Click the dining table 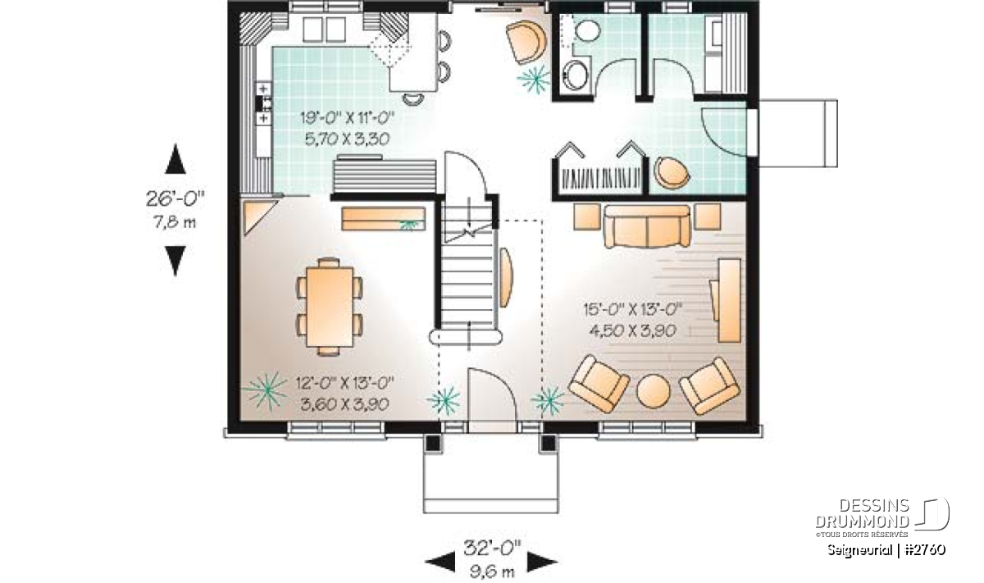point(330,306)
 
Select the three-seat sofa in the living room point(648,225)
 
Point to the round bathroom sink point(575,76)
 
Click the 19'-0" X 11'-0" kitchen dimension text point(347,118)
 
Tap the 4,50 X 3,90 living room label point(632,330)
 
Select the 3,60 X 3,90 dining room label point(345,403)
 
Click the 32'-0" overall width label point(493,549)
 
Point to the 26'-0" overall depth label point(175,198)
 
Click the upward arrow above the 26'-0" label point(175,158)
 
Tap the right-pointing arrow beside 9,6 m point(543,562)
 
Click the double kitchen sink point(324,30)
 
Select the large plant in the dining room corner point(265,391)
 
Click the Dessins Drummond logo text point(863,513)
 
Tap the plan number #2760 point(926,550)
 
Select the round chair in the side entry point(671,173)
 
